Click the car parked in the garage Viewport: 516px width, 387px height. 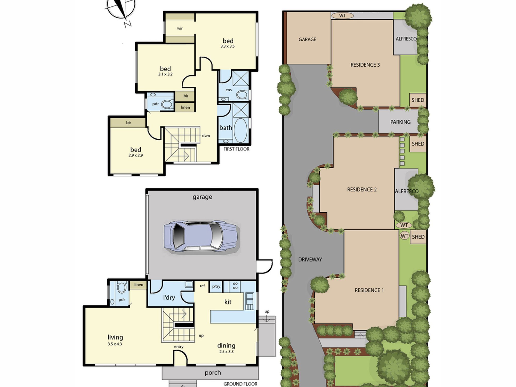(201, 236)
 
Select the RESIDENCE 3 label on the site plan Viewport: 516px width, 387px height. (365, 65)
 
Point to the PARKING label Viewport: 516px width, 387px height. (400, 122)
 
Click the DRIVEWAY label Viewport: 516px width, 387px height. (310, 260)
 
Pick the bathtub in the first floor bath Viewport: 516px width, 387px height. (240, 130)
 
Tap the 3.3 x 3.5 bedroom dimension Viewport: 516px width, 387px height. (228, 46)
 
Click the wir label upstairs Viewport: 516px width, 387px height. (180, 28)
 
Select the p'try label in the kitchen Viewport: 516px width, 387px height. (216, 286)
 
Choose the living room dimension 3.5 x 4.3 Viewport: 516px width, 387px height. (115, 344)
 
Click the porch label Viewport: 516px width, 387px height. (213, 373)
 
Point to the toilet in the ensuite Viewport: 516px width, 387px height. (242, 94)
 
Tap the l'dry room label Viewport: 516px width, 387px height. (169, 297)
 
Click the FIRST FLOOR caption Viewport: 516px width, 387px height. (236, 149)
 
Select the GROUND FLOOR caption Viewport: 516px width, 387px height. (240, 384)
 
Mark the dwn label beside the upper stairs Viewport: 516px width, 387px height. (206, 135)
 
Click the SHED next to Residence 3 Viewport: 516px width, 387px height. (418, 100)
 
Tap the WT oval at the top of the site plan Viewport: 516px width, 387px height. (342, 15)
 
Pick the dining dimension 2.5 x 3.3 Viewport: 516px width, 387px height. (226, 351)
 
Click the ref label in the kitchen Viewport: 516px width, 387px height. (202, 286)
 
